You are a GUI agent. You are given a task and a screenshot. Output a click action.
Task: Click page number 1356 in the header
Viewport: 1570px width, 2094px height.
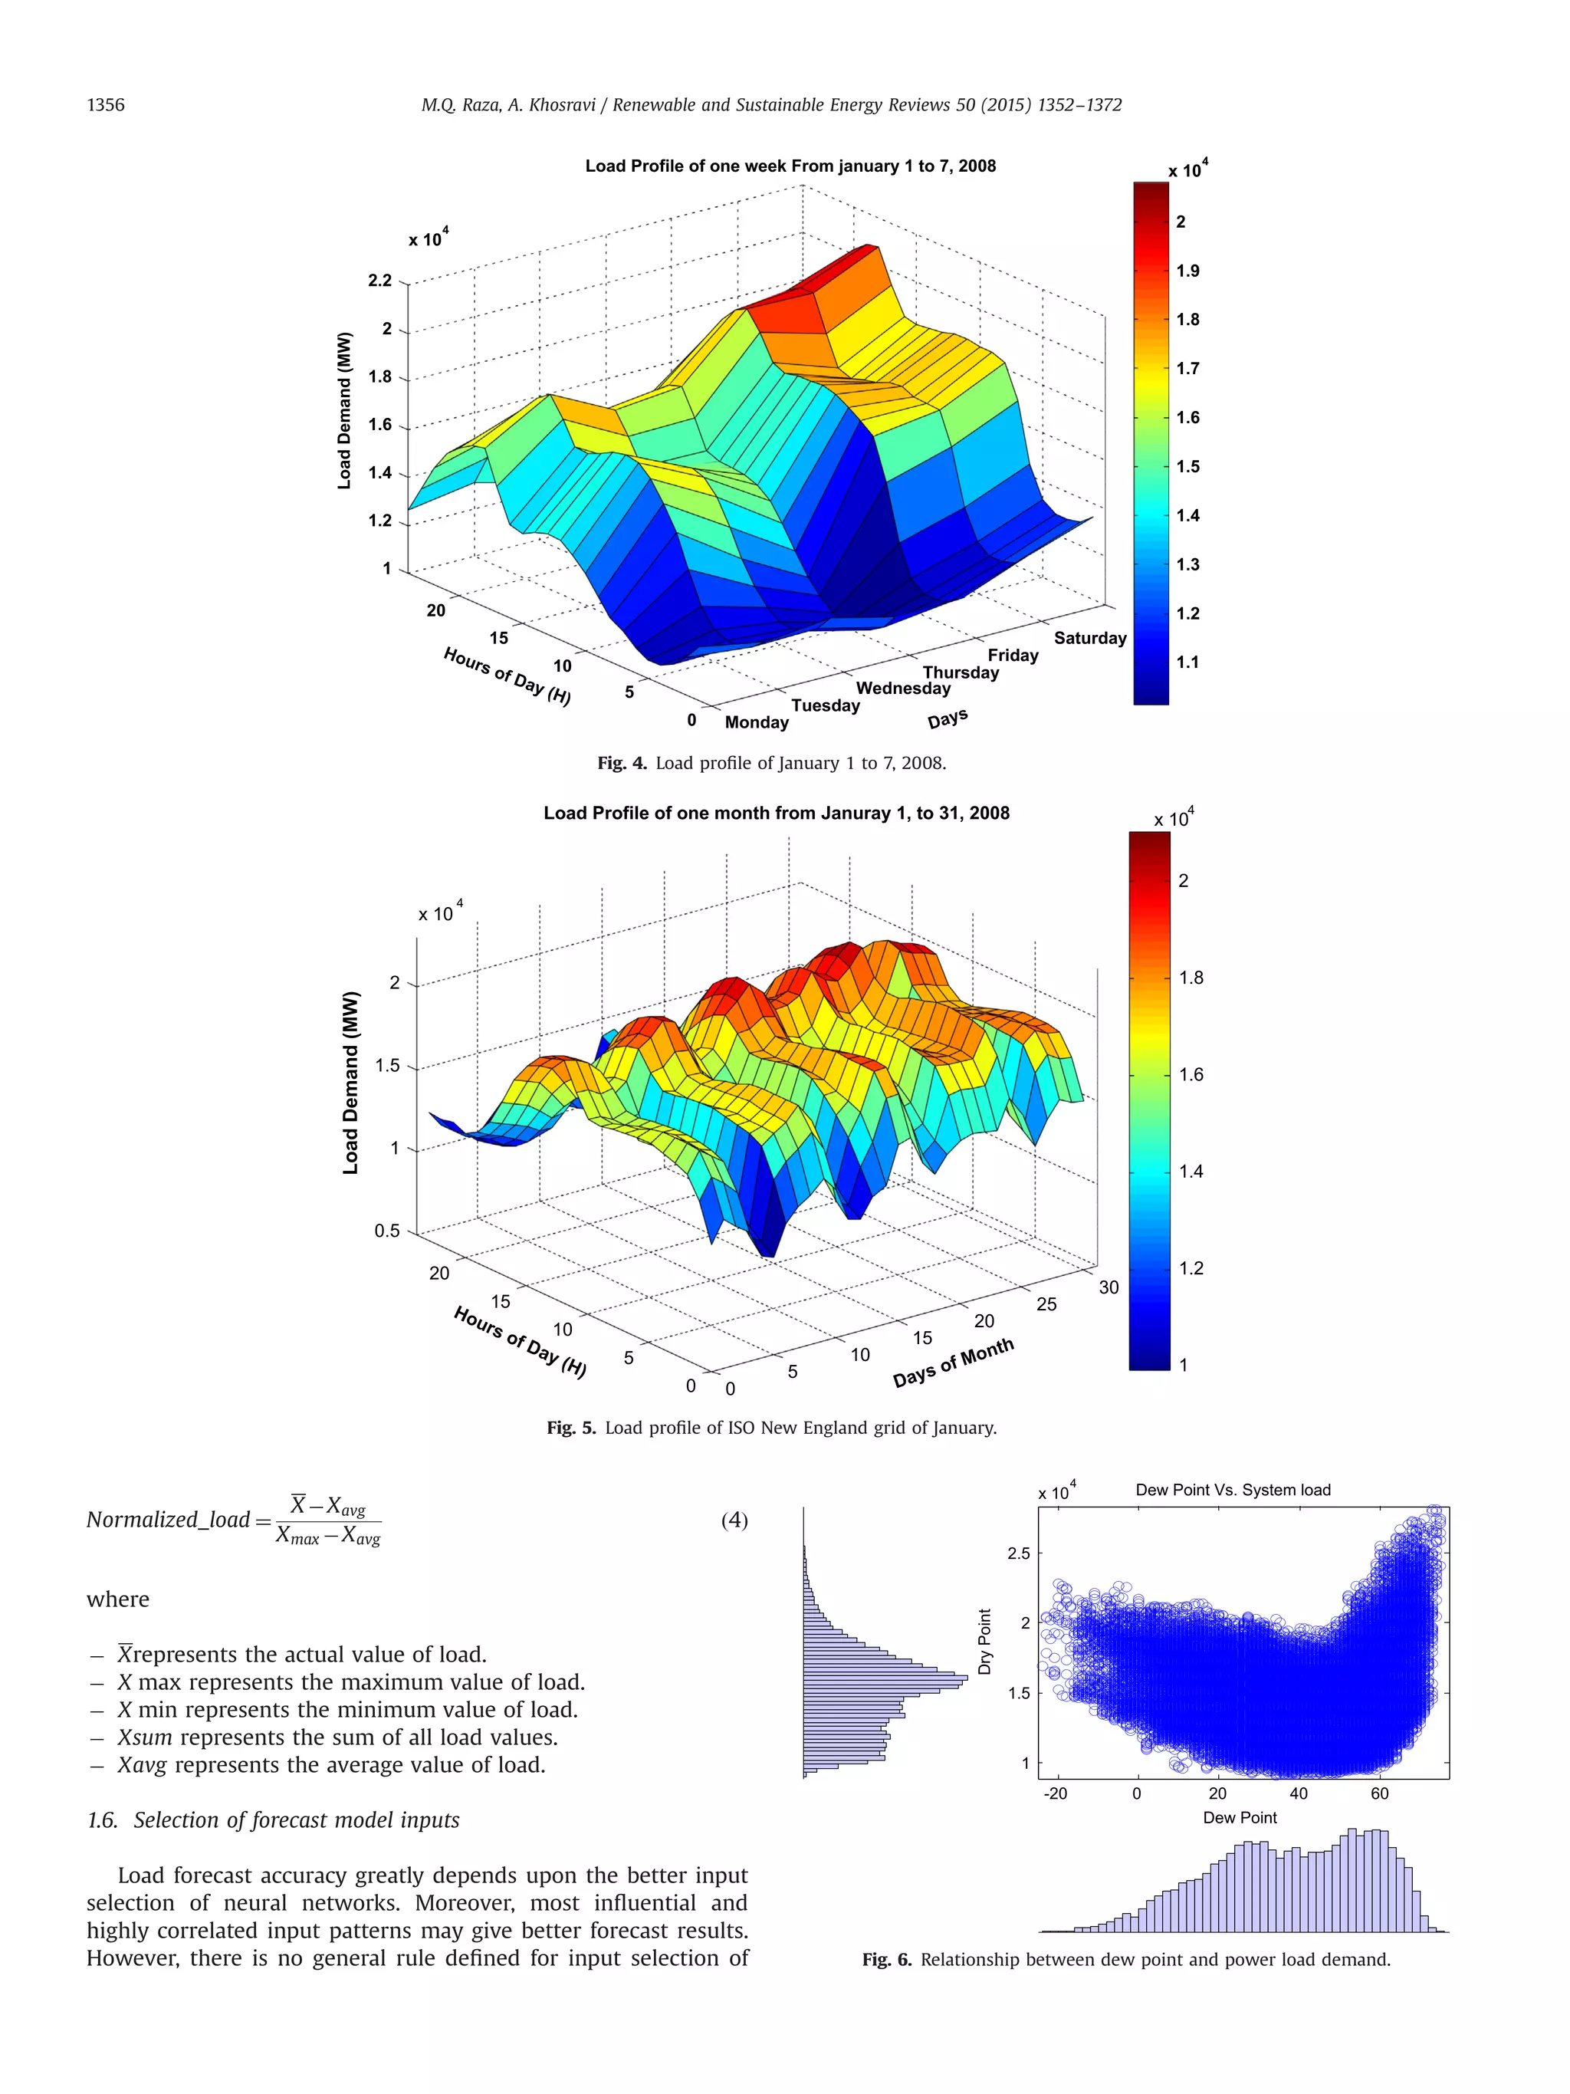(x=105, y=105)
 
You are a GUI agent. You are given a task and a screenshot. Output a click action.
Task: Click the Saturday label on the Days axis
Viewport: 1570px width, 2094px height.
(x=1089, y=638)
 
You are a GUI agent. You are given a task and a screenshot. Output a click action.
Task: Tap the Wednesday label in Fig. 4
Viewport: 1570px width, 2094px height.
(x=903, y=689)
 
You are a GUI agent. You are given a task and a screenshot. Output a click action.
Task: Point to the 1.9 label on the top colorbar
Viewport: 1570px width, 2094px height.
(x=1187, y=271)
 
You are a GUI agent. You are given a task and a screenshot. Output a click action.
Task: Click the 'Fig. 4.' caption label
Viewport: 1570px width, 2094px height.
(x=622, y=763)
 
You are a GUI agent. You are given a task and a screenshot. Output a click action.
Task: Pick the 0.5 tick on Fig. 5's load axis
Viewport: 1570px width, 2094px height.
(x=387, y=1231)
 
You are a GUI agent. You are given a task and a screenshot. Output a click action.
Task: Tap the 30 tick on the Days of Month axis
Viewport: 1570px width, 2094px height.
(x=1109, y=1287)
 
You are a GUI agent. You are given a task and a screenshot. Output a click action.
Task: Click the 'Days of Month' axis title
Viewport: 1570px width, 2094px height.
(x=953, y=1363)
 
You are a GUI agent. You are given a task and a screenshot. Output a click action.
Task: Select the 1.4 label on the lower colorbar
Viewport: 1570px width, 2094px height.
(x=1191, y=1171)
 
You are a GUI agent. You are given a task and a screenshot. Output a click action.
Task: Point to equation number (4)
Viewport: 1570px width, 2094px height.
(x=734, y=1520)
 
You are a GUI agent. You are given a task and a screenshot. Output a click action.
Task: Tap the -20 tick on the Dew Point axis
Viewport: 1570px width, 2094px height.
(x=1054, y=1793)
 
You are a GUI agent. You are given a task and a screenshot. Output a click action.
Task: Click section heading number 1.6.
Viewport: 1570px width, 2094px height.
(x=101, y=1820)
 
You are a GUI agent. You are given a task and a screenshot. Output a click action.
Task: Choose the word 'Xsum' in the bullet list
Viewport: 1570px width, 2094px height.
(x=144, y=1737)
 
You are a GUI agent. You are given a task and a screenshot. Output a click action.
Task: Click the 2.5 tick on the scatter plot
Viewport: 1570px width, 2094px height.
(x=1018, y=1553)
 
